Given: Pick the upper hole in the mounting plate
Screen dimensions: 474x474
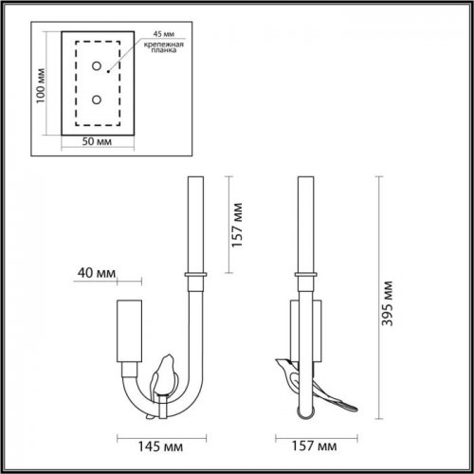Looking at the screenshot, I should (x=96, y=65).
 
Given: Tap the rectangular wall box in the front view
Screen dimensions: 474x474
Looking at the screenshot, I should (x=128, y=332).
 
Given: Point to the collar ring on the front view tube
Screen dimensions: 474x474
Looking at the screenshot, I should (x=198, y=274).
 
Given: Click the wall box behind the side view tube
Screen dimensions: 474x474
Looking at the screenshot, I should (x=319, y=327).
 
